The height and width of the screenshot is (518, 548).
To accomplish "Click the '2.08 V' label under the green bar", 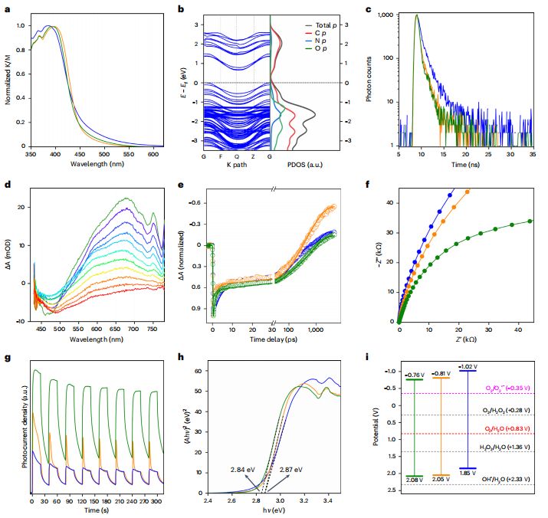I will [x=415, y=479].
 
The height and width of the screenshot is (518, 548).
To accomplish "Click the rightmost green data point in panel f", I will [x=530, y=221].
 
